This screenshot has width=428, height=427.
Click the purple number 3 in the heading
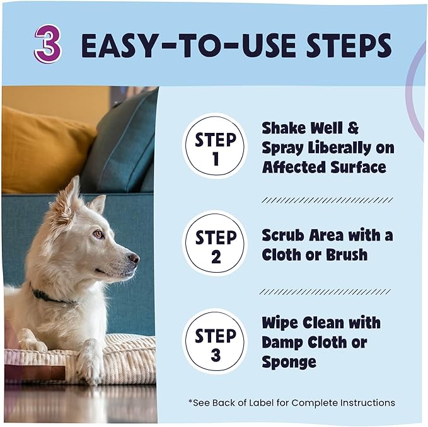[48, 45]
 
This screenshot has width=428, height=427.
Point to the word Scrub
[284, 236]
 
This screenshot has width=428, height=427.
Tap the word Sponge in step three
[289, 362]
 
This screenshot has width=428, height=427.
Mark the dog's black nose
[134, 259]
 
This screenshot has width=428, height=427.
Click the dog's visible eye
[99, 234]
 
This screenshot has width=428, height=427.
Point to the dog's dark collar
[50, 297]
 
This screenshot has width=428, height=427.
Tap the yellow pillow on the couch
[44, 151]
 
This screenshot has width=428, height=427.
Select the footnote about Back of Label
[291, 402]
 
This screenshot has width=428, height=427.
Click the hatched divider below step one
[326, 200]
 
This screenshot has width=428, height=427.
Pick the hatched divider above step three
[326, 292]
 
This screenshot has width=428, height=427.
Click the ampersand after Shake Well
[352, 128]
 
